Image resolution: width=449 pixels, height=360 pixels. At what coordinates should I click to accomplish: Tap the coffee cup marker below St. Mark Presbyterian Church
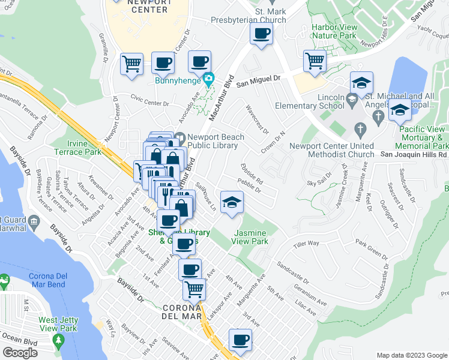(x=261, y=34)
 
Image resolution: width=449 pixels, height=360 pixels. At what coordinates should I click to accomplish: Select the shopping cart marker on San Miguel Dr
(x=315, y=62)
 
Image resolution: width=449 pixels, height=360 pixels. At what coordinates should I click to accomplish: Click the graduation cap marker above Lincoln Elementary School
(x=361, y=83)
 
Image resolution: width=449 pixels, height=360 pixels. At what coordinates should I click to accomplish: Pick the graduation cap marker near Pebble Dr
(x=231, y=202)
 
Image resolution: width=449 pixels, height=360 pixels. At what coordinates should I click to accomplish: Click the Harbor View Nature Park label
(x=334, y=32)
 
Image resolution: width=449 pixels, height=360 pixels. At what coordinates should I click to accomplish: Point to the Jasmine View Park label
(x=252, y=237)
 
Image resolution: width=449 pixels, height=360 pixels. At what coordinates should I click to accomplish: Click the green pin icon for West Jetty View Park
(x=58, y=343)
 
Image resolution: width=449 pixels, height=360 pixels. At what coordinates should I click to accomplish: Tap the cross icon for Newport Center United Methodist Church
(x=360, y=128)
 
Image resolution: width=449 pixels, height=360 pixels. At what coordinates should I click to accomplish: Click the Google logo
(x=19, y=353)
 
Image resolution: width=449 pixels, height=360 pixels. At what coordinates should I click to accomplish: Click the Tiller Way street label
(x=306, y=243)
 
